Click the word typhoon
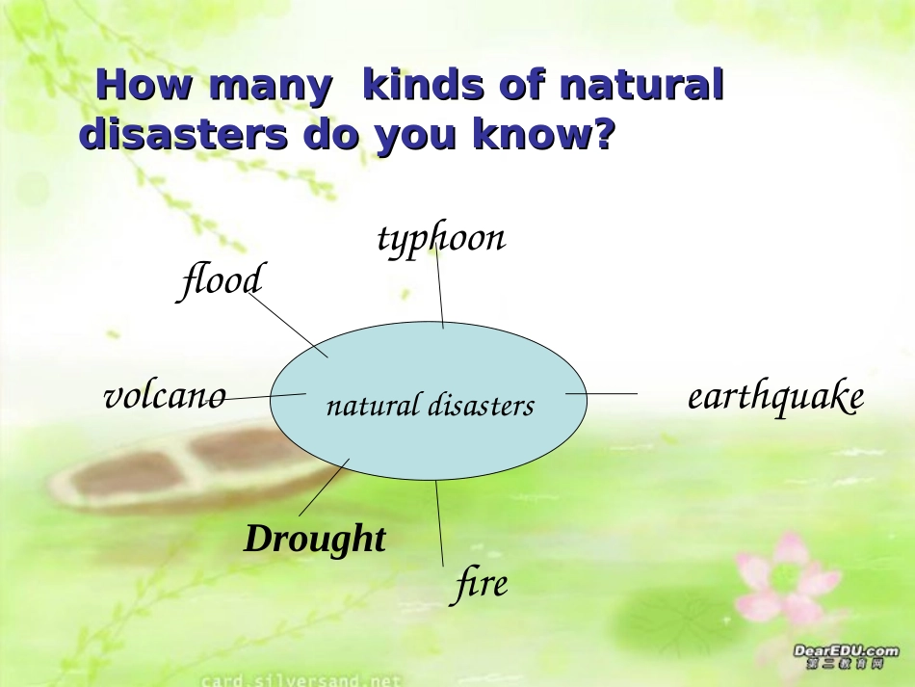tap(441, 239)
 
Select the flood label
tap(222, 280)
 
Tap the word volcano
tap(165, 396)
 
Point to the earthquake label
tap(775, 397)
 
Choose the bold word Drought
tap(315, 539)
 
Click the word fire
tap(481, 584)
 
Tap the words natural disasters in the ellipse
tap(431, 406)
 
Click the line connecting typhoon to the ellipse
tap(439, 286)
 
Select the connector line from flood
tap(288, 325)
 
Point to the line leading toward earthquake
tap(601, 393)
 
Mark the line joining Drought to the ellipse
tap(324, 488)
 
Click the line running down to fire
tap(439, 523)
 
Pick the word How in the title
tap(144, 85)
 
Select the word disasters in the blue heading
tap(183, 134)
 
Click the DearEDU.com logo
tap(846, 656)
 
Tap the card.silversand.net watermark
tap(301, 680)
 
